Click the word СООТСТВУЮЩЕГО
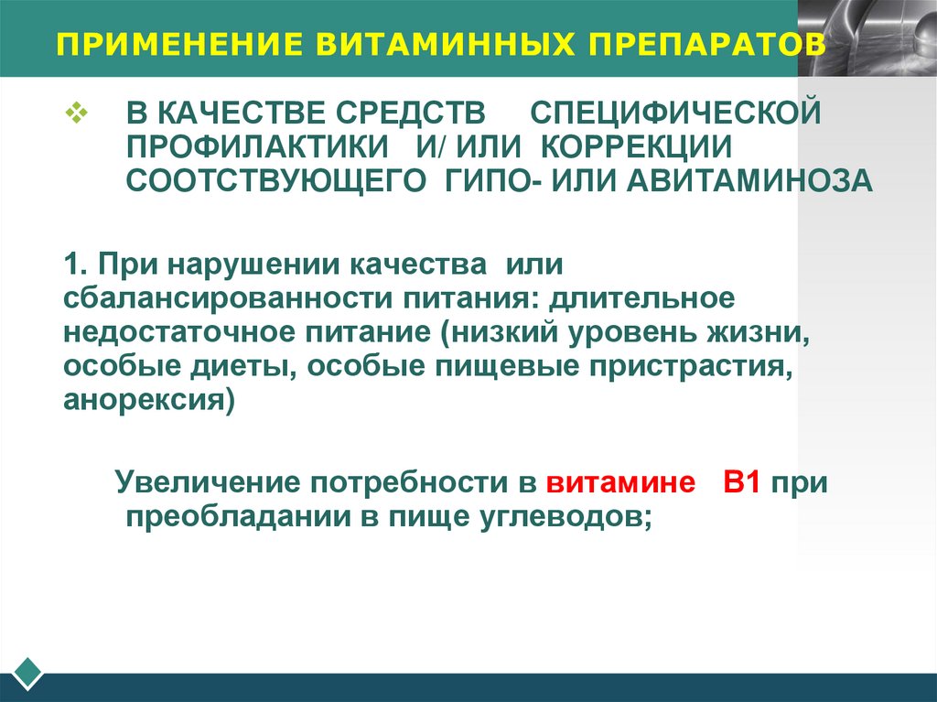(276, 180)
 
